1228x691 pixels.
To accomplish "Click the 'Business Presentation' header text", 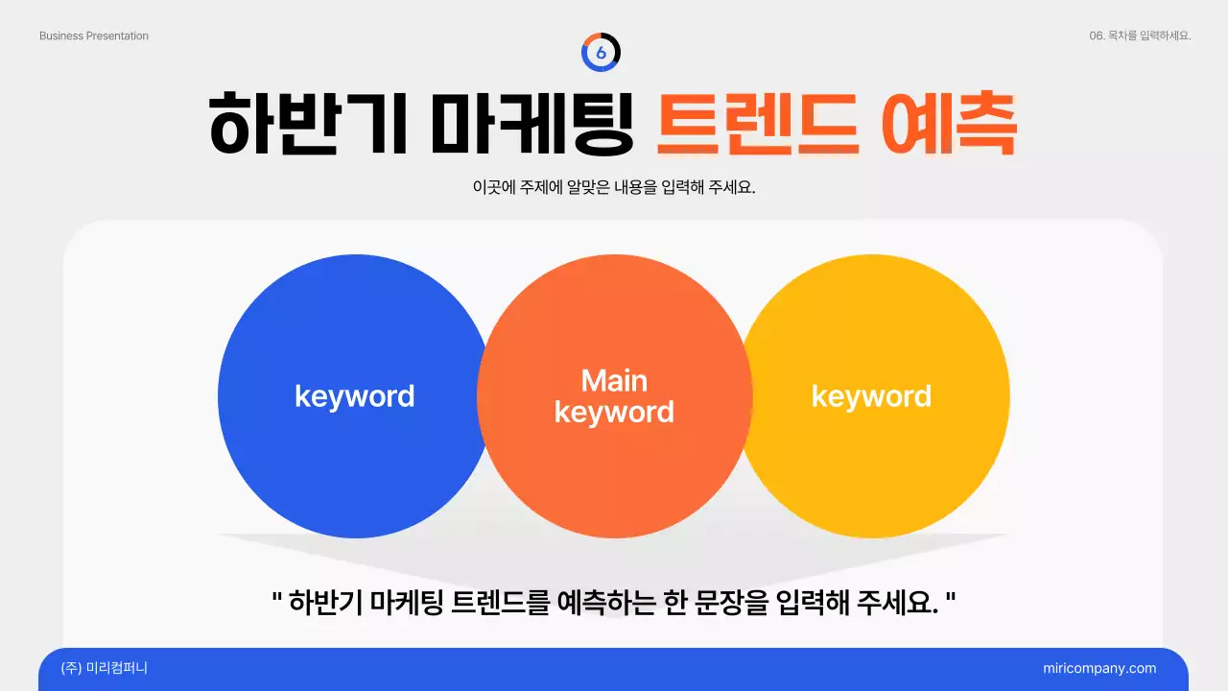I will (x=94, y=36).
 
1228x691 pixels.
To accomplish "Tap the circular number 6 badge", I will (x=602, y=53).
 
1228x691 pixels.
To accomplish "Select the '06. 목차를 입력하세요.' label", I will (x=1140, y=36).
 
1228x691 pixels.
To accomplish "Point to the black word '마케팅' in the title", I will (x=531, y=125).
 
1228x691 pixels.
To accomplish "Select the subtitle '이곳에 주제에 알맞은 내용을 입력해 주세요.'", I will (x=614, y=187).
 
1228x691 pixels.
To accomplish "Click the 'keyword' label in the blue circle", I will (x=354, y=396).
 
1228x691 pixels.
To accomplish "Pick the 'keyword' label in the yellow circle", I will (x=871, y=396).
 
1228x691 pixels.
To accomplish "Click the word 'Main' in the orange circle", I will (x=614, y=381).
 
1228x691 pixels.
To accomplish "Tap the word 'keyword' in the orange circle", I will (x=614, y=413).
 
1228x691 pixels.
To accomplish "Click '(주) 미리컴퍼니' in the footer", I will (x=104, y=669).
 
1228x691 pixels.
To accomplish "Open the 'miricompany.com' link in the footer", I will (x=1099, y=669).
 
